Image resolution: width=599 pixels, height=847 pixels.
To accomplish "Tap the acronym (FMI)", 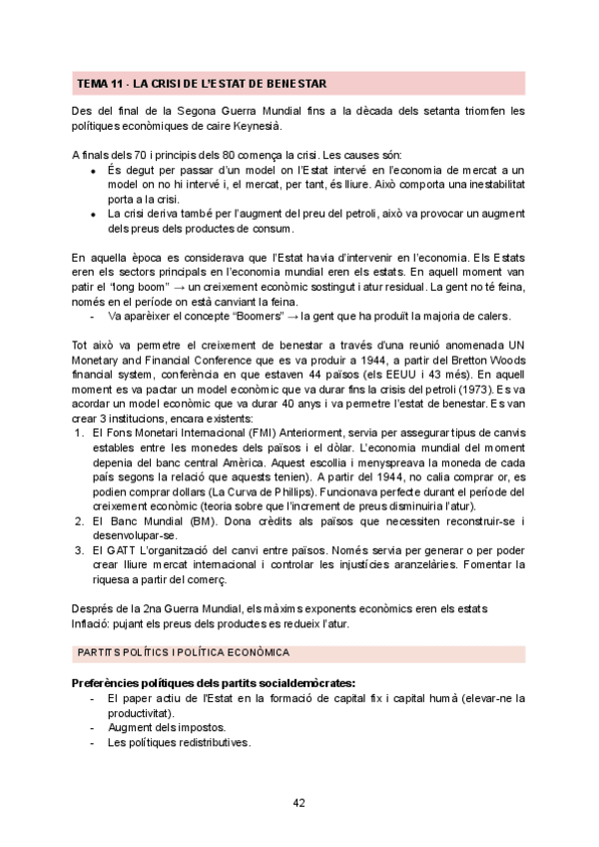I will point(238,433).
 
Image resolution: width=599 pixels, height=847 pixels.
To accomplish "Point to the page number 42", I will point(299,802).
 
